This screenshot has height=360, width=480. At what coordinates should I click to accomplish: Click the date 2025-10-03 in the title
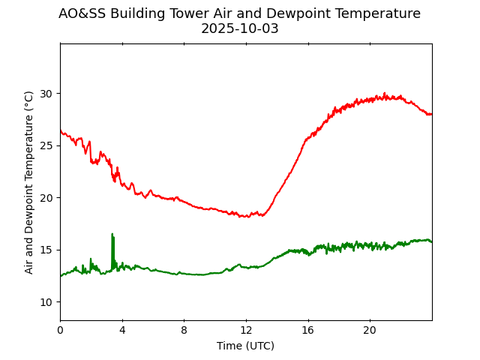[239, 29]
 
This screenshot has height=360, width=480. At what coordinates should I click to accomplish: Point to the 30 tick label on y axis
[47, 94]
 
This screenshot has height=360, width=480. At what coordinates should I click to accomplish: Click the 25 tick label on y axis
[47, 145]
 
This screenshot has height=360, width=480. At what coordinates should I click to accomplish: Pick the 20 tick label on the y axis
[47, 198]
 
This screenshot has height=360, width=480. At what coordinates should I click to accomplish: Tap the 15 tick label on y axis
[47, 250]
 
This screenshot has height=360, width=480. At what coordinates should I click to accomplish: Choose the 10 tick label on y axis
[47, 302]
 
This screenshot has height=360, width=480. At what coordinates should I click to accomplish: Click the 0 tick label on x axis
[60, 331]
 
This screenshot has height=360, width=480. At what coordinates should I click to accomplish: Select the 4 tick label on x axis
[122, 331]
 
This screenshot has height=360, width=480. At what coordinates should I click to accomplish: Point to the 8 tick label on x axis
[184, 331]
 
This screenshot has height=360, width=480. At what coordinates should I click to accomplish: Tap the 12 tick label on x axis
[246, 331]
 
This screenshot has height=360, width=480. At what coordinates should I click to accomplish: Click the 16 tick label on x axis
[307, 331]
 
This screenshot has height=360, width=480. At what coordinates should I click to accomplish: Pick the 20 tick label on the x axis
[370, 331]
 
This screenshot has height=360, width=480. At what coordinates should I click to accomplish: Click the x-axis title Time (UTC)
[245, 346]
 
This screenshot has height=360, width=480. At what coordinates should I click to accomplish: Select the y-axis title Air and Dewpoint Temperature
[29, 182]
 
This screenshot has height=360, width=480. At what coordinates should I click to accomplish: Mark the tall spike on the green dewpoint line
[112, 235]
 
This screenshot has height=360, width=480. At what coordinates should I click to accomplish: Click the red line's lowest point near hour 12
[247, 217]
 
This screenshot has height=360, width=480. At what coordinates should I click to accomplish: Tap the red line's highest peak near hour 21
[385, 94]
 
